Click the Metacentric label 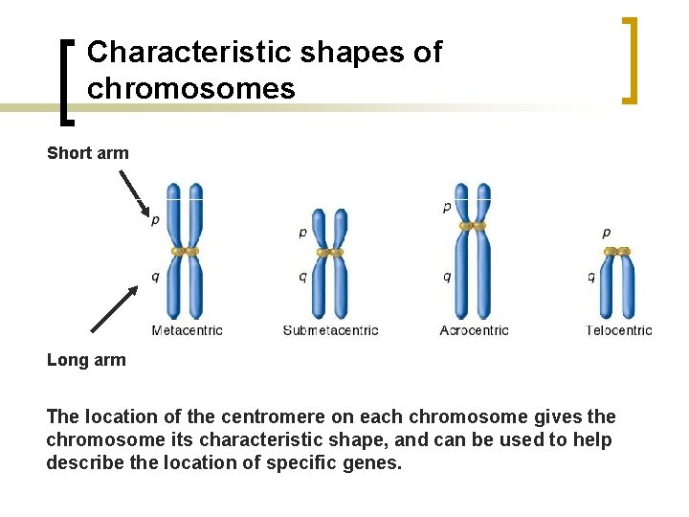(188, 330)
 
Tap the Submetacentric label (331, 330)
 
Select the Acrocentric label (475, 330)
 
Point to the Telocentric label (619, 330)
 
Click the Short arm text (87, 153)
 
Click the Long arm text (86, 360)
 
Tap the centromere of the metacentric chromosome (185, 251)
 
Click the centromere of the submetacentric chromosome (330, 252)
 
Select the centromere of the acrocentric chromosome (473, 226)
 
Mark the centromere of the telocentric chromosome (617, 252)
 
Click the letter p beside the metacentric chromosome (156, 220)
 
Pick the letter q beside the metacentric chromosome (156, 277)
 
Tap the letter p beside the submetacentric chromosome (303, 232)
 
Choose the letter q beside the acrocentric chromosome (447, 277)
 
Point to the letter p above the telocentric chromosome (607, 232)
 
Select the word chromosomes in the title (190, 89)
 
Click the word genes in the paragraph (375, 462)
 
